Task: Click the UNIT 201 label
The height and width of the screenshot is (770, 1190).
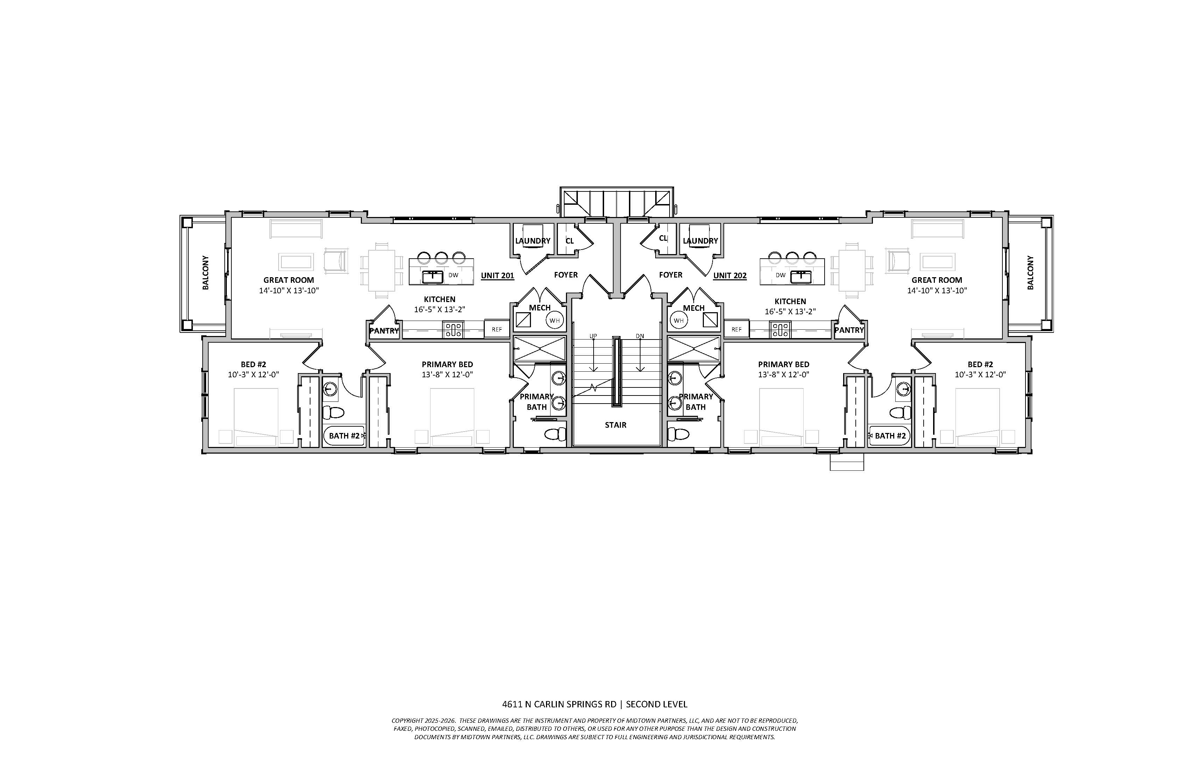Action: tap(497, 275)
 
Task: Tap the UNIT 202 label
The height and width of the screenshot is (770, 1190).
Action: tap(730, 275)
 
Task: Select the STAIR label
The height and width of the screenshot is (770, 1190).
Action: tap(616, 425)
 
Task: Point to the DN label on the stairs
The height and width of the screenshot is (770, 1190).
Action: tap(640, 336)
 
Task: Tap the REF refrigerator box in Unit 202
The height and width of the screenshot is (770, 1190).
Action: tap(736, 329)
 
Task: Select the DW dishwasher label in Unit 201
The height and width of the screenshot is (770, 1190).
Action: tap(453, 275)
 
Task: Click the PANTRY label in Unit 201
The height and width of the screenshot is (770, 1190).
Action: tap(384, 330)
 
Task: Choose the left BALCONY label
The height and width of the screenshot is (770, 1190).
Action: tap(205, 273)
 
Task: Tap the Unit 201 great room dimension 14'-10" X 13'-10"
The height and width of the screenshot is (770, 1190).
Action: tap(289, 290)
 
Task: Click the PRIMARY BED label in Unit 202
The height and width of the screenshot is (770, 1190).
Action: tap(784, 364)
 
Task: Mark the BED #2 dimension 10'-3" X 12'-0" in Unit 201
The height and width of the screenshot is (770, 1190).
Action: tap(253, 374)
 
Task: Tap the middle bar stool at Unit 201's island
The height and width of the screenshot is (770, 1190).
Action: tap(441, 258)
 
